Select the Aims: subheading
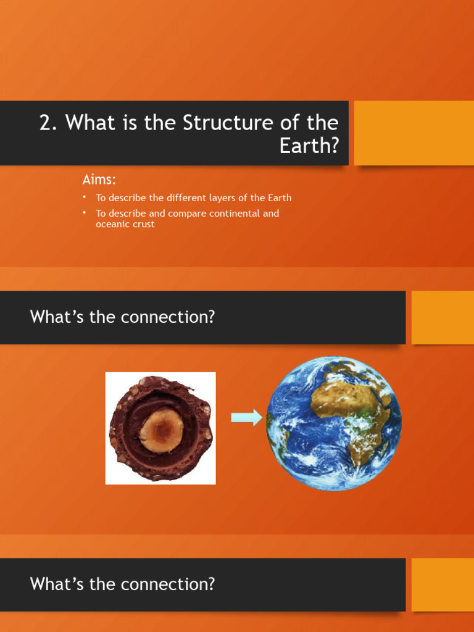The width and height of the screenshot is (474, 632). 99,180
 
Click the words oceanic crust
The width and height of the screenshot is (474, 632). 125,224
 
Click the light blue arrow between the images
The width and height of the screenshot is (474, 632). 246,418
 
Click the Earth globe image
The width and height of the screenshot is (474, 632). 334,423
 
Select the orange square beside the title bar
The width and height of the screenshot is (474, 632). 414,133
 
